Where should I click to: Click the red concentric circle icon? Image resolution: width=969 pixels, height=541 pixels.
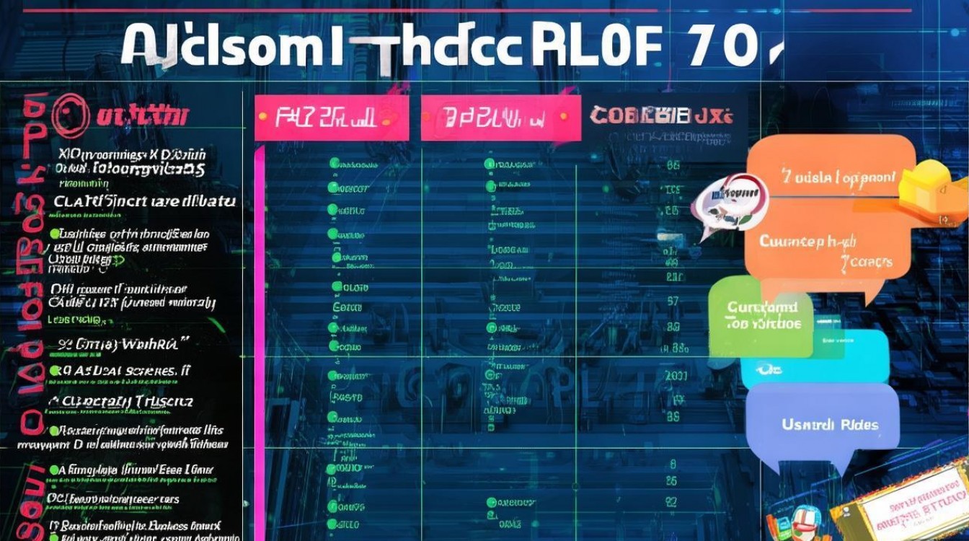[70, 116]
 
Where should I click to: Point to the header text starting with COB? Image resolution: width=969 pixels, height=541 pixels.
[660, 115]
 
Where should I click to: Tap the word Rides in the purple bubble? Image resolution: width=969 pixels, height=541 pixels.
[859, 425]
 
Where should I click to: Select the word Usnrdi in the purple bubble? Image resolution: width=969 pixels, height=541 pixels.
[807, 425]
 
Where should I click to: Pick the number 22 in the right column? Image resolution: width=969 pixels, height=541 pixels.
[671, 501]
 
